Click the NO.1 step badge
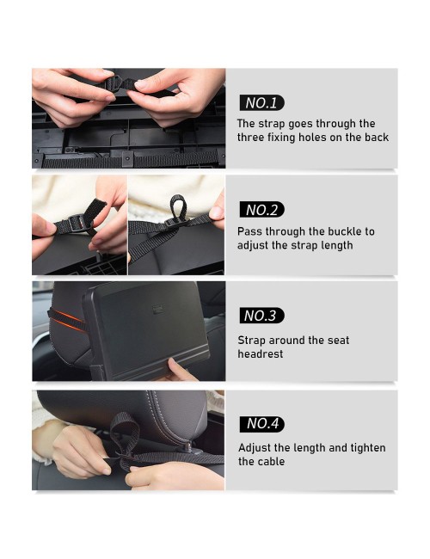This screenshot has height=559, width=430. [261, 102]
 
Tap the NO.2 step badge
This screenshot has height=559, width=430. [261, 210]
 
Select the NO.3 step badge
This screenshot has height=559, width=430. [261, 316]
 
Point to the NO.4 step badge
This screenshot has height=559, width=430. [261, 424]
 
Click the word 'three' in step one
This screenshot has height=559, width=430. [249, 138]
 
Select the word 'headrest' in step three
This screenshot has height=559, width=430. [261, 354]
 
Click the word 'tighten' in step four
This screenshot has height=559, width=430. [368, 448]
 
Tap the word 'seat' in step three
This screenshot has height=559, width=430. [338, 340]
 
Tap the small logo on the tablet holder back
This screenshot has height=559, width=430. [157, 310]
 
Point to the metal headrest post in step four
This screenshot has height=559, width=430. [187, 446]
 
